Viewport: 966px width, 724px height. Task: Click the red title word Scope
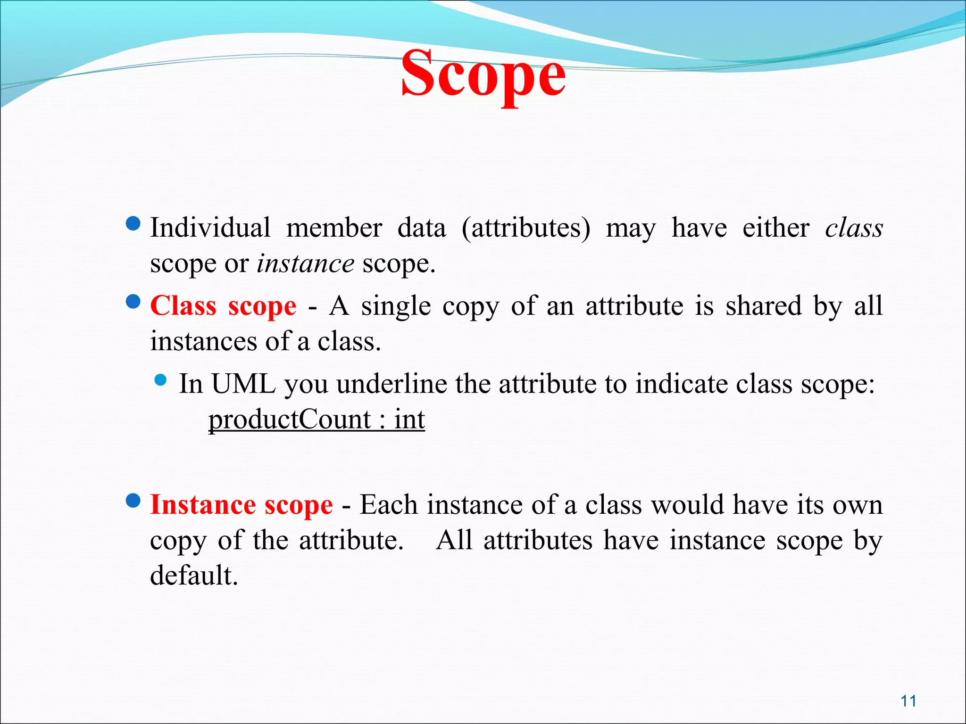[483, 75]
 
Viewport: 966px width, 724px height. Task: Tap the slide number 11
[908, 701]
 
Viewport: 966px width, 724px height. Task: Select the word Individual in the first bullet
[210, 228]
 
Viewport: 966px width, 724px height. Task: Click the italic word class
[854, 228]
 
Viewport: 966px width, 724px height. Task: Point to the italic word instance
[305, 263]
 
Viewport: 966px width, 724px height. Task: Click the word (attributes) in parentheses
[525, 228]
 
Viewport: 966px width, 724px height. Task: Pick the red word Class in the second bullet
[183, 306]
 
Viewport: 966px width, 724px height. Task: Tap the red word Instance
[203, 505]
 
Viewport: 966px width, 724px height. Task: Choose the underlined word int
[409, 419]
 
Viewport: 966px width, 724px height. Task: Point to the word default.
[193, 576]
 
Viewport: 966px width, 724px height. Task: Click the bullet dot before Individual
[133, 223]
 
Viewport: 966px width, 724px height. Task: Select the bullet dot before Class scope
[133, 301]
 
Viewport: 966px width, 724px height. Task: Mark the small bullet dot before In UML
[161, 380]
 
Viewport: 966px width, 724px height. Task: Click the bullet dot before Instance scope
[133, 500]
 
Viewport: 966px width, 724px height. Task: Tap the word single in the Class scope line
[396, 306]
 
